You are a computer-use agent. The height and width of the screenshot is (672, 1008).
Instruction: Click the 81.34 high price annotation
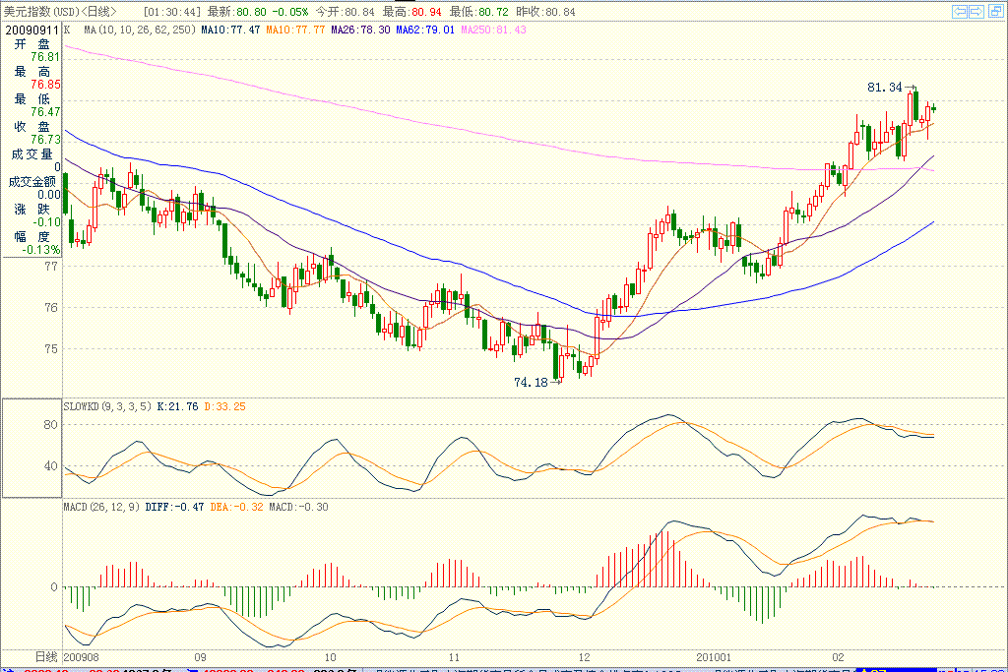(x=884, y=88)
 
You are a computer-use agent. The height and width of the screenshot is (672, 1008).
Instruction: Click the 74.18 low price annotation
(x=530, y=382)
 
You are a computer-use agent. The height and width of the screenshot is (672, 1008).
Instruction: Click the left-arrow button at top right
(x=960, y=11)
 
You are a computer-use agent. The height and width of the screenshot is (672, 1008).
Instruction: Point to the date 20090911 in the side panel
(x=31, y=30)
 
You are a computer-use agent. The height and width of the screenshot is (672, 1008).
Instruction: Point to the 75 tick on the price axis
(x=51, y=348)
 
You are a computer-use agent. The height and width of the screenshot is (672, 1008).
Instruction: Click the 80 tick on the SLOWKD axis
(x=51, y=425)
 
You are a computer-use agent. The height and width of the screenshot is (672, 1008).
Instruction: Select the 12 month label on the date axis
(x=585, y=655)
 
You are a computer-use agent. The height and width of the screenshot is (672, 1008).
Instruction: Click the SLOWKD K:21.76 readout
(x=177, y=405)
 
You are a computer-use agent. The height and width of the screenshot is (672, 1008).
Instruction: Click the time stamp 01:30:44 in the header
(x=172, y=11)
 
